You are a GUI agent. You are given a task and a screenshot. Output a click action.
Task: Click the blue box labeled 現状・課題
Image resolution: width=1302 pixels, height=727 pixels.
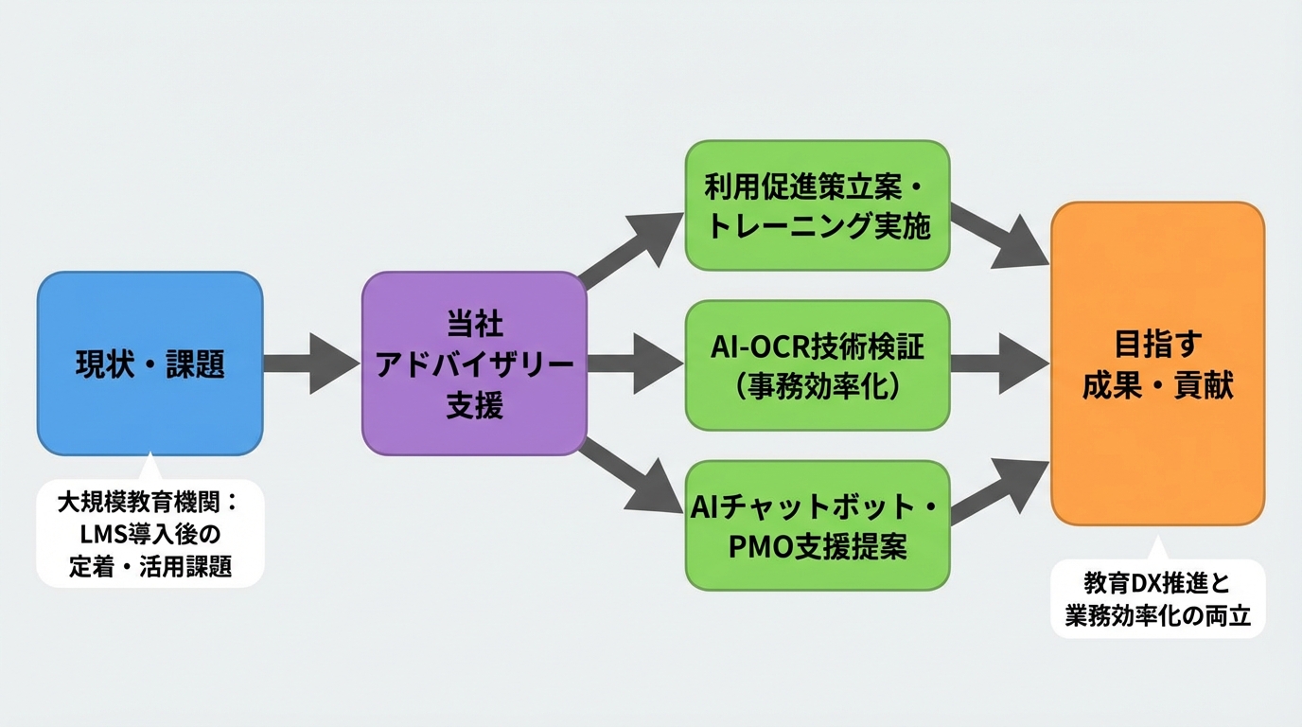coord(150,363)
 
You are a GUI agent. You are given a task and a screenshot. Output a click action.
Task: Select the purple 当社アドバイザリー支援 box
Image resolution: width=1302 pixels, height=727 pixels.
coord(474,363)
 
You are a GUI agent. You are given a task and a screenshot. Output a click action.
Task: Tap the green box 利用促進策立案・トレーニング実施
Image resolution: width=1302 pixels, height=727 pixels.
coord(817,204)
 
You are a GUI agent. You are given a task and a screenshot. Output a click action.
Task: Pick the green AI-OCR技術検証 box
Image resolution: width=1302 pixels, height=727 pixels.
coord(817,364)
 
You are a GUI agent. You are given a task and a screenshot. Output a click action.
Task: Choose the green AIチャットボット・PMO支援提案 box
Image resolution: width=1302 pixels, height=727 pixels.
coord(817,525)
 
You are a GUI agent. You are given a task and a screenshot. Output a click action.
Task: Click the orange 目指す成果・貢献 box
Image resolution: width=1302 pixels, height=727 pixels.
coord(1157,364)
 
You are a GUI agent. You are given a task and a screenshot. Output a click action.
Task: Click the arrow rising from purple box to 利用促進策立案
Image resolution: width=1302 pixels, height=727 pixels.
coord(632,249)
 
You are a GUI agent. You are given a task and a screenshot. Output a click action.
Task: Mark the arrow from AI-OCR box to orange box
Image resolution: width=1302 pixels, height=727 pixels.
coord(999,363)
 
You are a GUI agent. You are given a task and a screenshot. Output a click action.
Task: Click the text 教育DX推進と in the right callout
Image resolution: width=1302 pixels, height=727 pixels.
coord(1157,584)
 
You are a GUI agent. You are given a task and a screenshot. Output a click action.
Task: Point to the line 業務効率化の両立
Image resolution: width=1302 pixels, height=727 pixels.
coord(1157,616)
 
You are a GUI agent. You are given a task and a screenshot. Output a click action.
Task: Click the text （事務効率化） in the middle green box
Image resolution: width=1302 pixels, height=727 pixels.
coord(817,386)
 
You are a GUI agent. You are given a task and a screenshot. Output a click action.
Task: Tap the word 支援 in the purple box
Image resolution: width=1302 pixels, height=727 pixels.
coord(474,406)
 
